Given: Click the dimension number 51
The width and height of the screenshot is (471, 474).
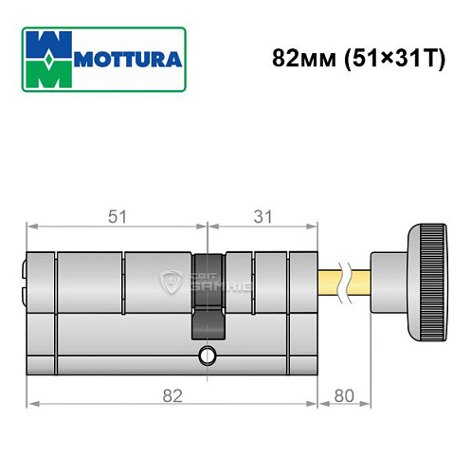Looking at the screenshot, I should coord(117,217).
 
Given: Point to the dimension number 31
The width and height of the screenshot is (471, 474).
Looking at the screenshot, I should coord(263,217).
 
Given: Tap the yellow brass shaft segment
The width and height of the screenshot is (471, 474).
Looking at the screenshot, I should coord(331,282).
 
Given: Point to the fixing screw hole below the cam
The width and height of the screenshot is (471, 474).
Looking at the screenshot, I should coord(208,356).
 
